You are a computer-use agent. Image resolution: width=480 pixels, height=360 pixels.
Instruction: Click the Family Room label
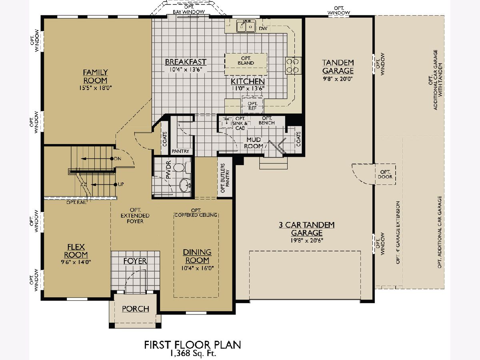(x=95, y=76)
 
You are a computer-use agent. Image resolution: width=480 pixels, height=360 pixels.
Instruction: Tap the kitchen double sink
(x=246, y=26)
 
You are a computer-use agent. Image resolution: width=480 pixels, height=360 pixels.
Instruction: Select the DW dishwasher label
(x=263, y=28)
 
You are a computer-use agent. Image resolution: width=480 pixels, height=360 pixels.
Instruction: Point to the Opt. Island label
(x=246, y=61)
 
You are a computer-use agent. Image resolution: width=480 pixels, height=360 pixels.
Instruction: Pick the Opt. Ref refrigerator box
(x=252, y=105)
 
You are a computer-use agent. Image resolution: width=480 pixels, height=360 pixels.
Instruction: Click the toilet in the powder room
(x=182, y=168)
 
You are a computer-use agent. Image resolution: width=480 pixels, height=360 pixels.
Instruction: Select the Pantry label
(x=180, y=151)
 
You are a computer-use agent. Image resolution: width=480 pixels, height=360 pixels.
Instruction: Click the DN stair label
(x=118, y=159)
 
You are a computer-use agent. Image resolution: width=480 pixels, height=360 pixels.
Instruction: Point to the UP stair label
(x=121, y=184)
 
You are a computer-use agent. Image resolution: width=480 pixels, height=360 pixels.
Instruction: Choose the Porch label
(x=136, y=309)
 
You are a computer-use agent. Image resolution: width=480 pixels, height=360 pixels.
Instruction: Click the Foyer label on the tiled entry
(x=135, y=261)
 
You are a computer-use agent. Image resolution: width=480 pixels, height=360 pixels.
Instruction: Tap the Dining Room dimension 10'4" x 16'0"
(x=198, y=268)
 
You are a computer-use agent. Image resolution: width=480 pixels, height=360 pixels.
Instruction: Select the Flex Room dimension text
(x=76, y=262)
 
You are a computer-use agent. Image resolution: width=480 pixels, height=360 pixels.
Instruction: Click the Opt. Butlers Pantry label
(x=225, y=178)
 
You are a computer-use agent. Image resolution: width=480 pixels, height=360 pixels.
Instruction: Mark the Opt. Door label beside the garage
(x=385, y=174)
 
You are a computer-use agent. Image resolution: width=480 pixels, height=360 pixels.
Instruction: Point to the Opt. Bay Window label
(x=189, y=9)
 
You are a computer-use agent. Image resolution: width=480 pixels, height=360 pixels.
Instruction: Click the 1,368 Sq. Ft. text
(x=193, y=353)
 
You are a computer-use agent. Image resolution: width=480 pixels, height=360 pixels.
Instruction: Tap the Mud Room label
(x=254, y=143)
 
